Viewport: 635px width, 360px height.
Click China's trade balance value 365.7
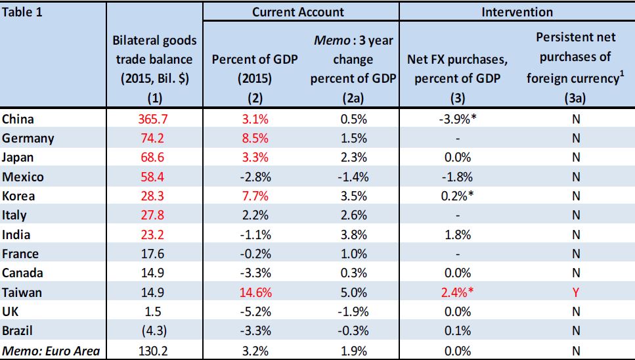(x=155, y=120)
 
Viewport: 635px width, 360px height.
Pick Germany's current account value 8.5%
(x=254, y=139)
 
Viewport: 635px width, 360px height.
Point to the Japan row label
(x=18, y=158)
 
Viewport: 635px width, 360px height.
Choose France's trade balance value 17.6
(x=155, y=254)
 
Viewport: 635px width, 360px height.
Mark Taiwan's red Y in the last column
(x=576, y=292)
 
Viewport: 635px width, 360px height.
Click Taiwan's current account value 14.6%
(x=254, y=292)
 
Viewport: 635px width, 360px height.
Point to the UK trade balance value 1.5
(x=155, y=311)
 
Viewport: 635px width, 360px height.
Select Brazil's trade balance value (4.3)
(x=155, y=330)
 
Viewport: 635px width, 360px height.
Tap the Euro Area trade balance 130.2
(x=155, y=350)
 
